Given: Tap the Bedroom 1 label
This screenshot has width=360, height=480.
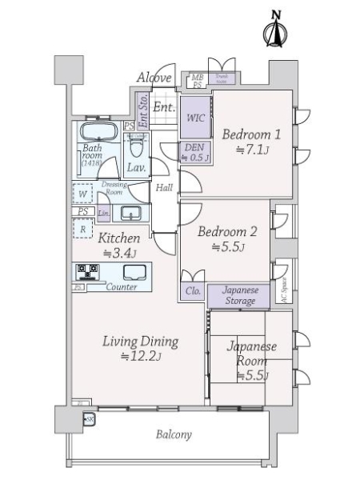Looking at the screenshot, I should (250, 141).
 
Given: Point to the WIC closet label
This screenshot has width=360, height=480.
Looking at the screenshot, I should (195, 118).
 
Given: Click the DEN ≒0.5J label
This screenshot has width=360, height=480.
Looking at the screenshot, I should (195, 152).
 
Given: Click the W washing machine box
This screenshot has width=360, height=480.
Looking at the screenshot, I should (82, 194).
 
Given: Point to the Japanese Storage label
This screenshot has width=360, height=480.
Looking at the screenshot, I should (238, 295).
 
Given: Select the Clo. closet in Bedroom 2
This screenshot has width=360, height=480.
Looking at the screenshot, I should (192, 293).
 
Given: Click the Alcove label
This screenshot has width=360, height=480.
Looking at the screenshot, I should (153, 78).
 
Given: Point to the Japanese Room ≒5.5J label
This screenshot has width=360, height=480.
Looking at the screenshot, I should (251, 361).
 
